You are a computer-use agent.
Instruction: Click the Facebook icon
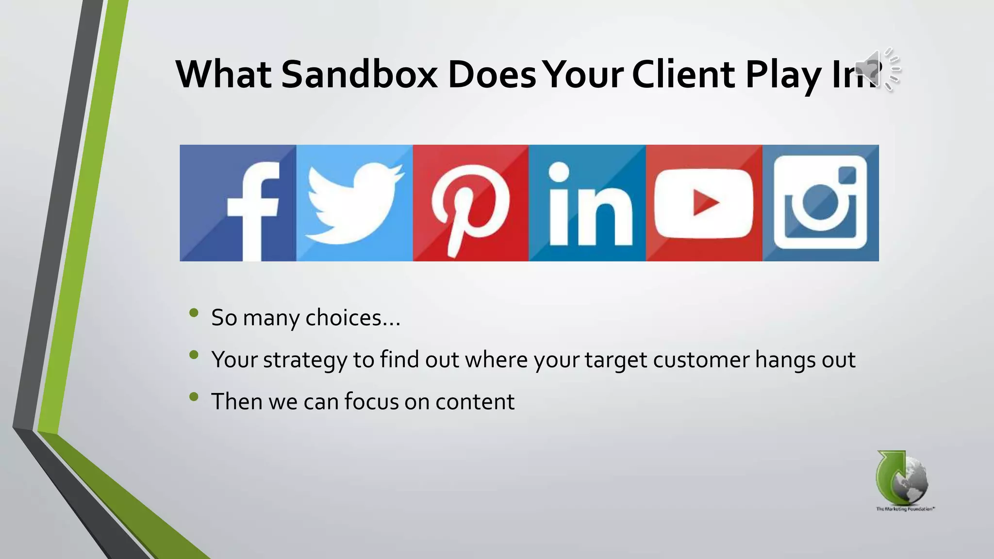coord(238,203)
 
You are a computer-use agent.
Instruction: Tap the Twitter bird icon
coord(354,203)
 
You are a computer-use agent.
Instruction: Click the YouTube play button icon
coord(704,203)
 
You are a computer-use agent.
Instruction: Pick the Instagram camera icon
coord(820,203)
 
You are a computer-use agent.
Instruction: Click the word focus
coord(371,402)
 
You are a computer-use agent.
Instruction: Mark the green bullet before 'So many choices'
coord(194,313)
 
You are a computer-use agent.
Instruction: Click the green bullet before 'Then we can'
coord(194,397)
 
